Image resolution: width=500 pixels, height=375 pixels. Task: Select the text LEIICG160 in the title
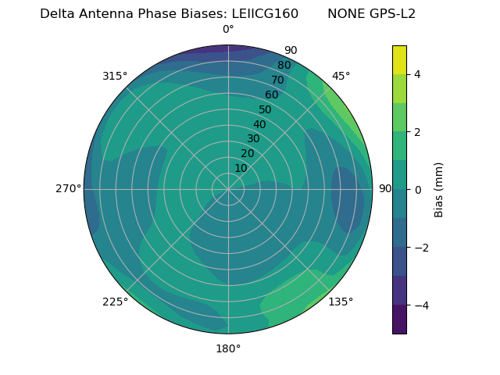[265, 14]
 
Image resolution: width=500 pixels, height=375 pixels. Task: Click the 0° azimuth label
[228, 30]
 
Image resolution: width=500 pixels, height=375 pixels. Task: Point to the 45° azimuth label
[341, 76]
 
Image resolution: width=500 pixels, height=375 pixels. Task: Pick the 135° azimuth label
[341, 302]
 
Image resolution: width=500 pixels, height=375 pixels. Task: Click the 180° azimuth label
[228, 348]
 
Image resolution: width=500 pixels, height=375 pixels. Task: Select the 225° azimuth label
[115, 302]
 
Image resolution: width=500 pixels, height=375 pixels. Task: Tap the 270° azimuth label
[68, 189]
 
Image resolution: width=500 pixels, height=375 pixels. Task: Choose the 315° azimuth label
[115, 76]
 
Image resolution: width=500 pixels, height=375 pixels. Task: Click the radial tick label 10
[241, 168]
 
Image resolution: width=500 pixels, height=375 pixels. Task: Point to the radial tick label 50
[265, 109]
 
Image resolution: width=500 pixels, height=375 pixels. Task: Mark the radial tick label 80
[284, 66]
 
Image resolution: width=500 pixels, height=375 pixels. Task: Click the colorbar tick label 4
[417, 74]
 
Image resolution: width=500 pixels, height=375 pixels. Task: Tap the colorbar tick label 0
[417, 190]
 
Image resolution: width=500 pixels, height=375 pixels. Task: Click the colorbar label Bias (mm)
[439, 190]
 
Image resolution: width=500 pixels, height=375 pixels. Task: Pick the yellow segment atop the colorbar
[399, 59]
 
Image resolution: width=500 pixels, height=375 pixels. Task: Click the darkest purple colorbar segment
[399, 320]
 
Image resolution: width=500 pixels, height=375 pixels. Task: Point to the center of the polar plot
[228, 189]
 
